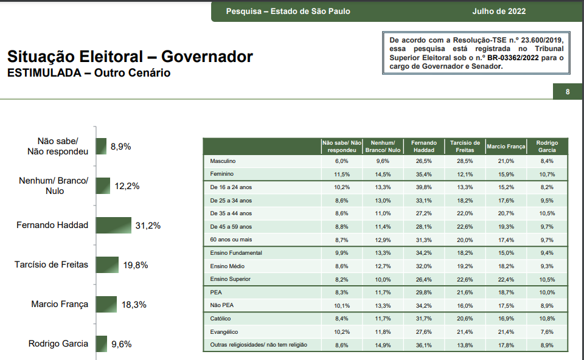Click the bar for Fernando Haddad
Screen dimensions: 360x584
[x=113, y=226]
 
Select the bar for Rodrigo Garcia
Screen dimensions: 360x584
[x=101, y=344]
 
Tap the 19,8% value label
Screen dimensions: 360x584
[x=135, y=265]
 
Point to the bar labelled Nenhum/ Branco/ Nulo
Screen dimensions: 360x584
[x=103, y=186]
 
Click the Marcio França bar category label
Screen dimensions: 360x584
[x=60, y=304]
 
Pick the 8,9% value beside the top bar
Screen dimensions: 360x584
[x=120, y=147]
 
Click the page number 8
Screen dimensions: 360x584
[x=568, y=92]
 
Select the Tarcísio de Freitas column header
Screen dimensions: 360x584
[x=464, y=147]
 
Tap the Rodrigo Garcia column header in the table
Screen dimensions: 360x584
[x=547, y=147]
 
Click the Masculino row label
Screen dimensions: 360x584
[x=223, y=161]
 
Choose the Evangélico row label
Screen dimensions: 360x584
[x=224, y=332]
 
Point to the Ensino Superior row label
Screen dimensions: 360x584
[x=230, y=279]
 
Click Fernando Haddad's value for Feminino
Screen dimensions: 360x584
[x=423, y=175]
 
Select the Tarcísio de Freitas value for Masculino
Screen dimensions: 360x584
[x=464, y=161]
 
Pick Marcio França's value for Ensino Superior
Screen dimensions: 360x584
[x=506, y=279]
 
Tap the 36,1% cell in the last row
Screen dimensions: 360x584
[x=423, y=345]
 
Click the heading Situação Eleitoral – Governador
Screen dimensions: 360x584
[x=130, y=57]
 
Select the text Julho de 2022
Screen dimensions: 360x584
[x=499, y=11]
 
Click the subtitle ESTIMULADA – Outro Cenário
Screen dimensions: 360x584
[x=89, y=73]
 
